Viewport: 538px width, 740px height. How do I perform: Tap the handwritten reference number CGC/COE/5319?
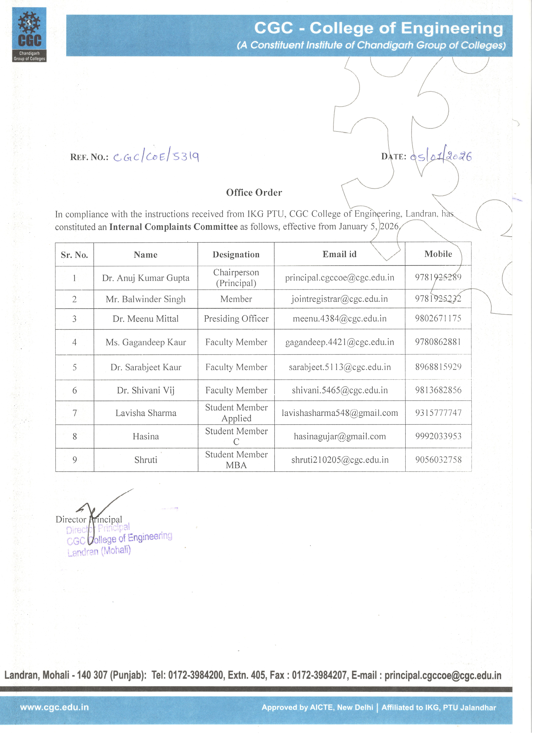click(156, 157)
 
